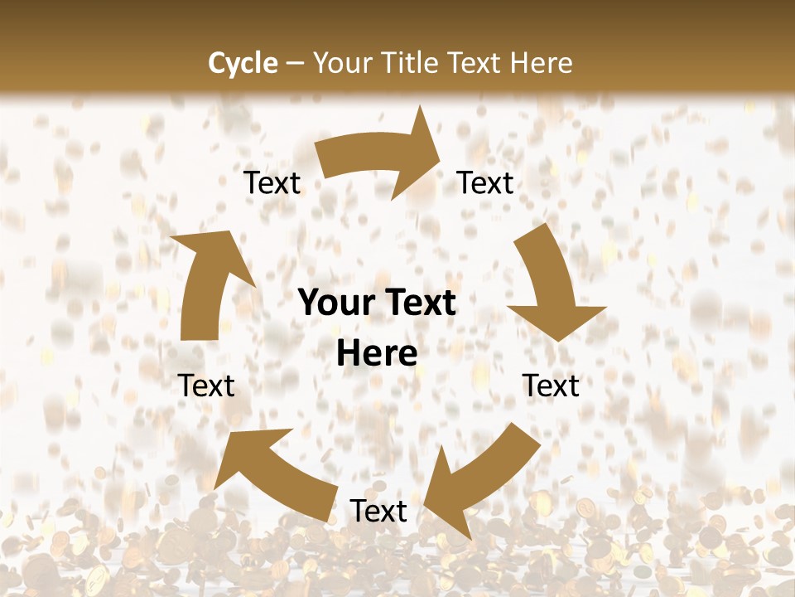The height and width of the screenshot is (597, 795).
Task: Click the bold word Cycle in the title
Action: point(243,63)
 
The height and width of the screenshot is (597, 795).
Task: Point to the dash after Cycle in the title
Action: point(294,64)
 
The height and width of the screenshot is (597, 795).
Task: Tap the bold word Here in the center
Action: point(377,353)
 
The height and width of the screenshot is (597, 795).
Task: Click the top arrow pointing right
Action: point(377,158)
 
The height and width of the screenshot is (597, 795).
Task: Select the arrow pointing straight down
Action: point(551,286)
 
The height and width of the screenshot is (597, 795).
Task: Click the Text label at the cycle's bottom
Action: point(378,512)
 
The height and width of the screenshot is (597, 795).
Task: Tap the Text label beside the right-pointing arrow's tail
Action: point(272,183)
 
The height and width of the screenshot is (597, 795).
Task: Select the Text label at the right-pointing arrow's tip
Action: point(485,183)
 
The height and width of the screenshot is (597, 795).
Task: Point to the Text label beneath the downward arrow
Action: point(551,386)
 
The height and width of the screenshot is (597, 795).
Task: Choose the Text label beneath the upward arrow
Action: point(206,386)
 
